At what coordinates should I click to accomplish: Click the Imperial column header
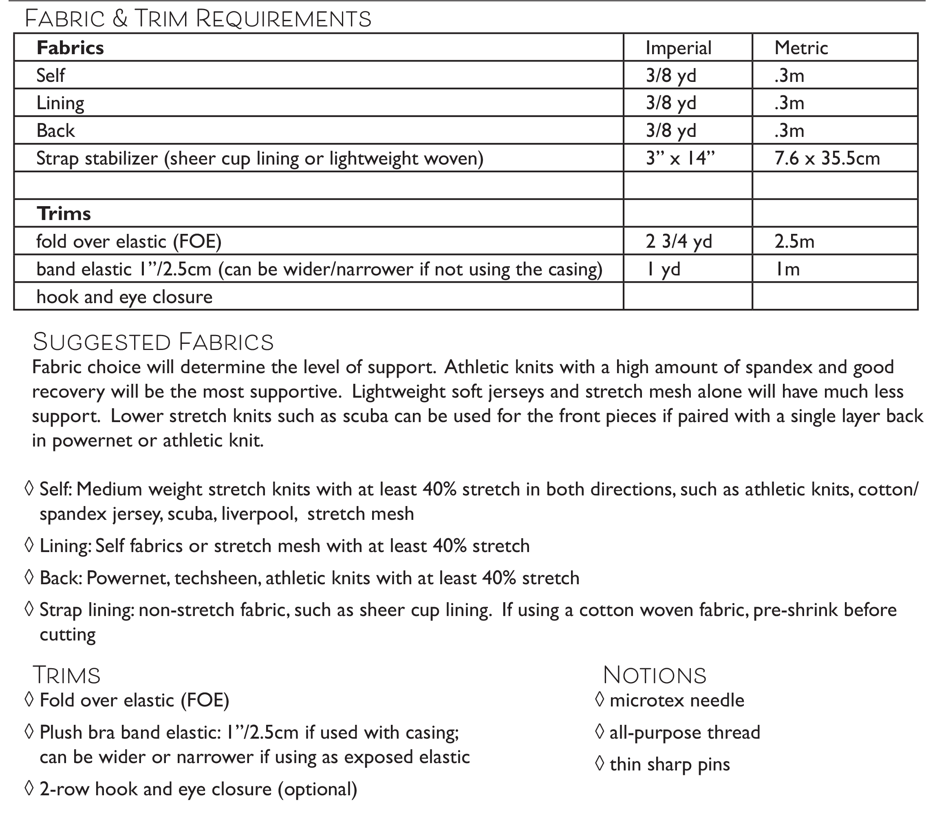[678, 48]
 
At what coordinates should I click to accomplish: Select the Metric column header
[801, 48]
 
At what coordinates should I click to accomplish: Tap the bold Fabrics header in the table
[70, 48]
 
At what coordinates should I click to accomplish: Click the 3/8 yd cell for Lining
[670, 103]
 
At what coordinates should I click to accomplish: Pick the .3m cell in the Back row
[789, 131]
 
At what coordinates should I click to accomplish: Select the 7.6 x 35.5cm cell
[827, 158]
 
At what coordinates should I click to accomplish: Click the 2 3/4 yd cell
[679, 242]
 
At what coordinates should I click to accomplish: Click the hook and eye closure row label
[124, 297]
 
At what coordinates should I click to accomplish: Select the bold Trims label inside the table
[64, 214]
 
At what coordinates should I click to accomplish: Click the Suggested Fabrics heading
[153, 342]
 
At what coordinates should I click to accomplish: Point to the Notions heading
[654, 676]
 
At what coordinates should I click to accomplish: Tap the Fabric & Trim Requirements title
[198, 19]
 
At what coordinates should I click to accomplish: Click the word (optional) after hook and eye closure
[317, 790]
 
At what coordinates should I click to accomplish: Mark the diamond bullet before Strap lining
[29, 610]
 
